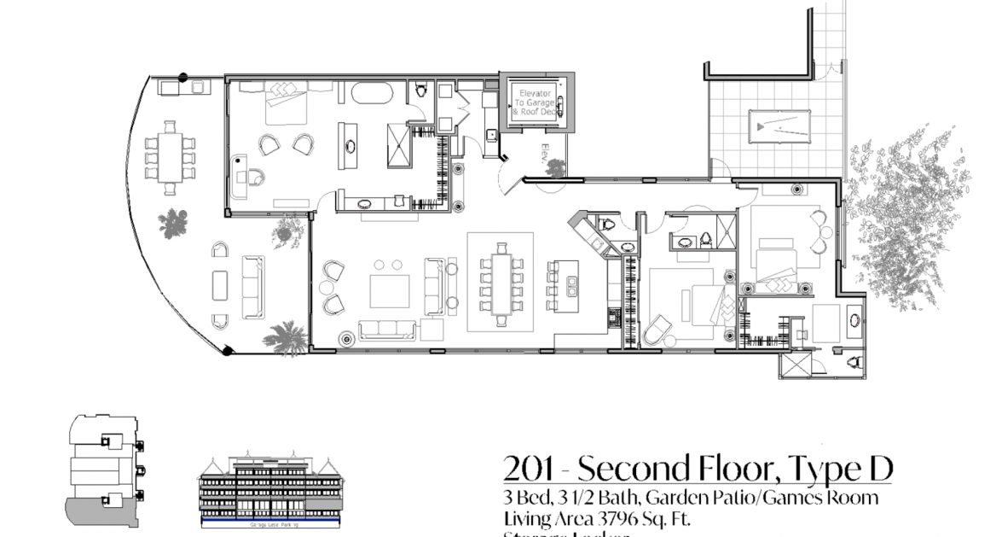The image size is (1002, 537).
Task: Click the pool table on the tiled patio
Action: (779, 128)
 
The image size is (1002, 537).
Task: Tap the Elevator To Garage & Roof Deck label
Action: (533, 102)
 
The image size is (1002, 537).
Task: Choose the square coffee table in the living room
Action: (389, 291)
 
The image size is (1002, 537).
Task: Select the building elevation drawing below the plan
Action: (270, 490)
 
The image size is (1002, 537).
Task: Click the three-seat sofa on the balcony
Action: (252, 286)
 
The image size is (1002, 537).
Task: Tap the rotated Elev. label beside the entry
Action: (543, 156)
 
